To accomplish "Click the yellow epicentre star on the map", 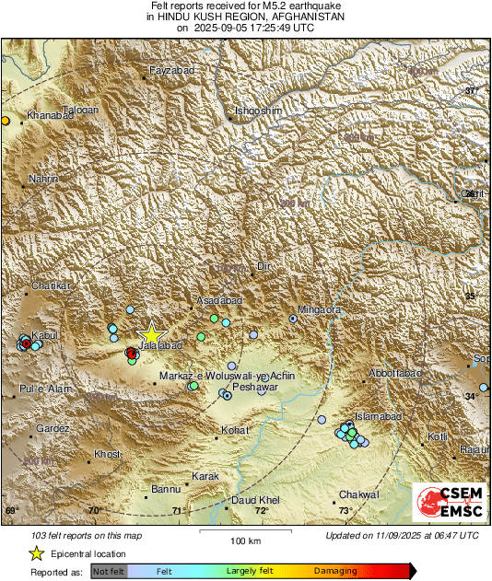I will point(151,334).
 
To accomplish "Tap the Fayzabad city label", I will point(169,71).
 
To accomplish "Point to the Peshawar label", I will point(258,388).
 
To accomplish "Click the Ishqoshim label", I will point(256,113).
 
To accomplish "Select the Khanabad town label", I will point(51,115).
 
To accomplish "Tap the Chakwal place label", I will point(358,495).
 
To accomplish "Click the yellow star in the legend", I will point(36,553).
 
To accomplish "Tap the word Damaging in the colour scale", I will point(335,572).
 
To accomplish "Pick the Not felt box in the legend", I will point(110,572).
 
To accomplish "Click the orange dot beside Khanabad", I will point(5,120).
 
